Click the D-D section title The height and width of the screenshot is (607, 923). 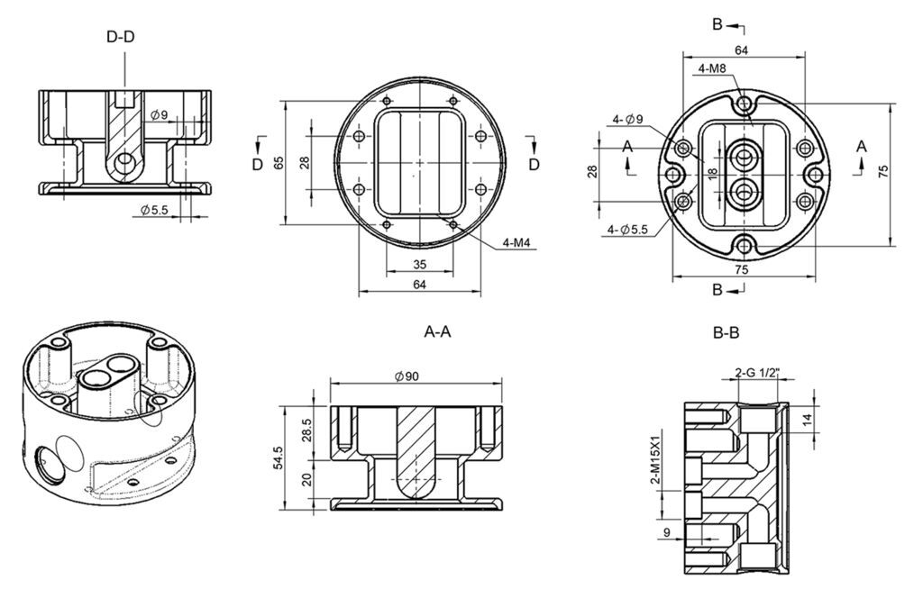pyautogui.click(x=121, y=36)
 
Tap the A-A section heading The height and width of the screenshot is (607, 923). pyautogui.click(x=437, y=332)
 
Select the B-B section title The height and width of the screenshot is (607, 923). pyautogui.click(x=726, y=333)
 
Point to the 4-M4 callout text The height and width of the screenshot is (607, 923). pyautogui.click(x=516, y=242)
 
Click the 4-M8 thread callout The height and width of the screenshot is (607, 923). pyautogui.click(x=712, y=68)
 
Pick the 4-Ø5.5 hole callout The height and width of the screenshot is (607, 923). pyautogui.click(x=627, y=230)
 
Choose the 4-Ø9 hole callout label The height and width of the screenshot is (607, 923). pyautogui.click(x=627, y=120)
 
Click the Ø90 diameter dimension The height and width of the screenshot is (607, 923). pyautogui.click(x=407, y=376)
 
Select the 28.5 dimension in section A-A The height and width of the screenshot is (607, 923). pyautogui.click(x=306, y=431)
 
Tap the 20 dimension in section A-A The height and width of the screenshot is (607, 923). pyautogui.click(x=306, y=480)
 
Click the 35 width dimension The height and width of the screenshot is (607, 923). pyautogui.click(x=419, y=265)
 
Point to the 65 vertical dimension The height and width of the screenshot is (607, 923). pyautogui.click(x=279, y=162)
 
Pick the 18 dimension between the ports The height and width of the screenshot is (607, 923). pyautogui.click(x=713, y=175)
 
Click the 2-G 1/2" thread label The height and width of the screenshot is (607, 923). pyautogui.click(x=757, y=373)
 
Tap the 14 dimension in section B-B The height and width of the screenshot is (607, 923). pyautogui.click(x=807, y=419)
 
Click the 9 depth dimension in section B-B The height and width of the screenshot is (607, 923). pyautogui.click(x=666, y=533)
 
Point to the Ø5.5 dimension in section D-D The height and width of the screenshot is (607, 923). pyautogui.click(x=154, y=210)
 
